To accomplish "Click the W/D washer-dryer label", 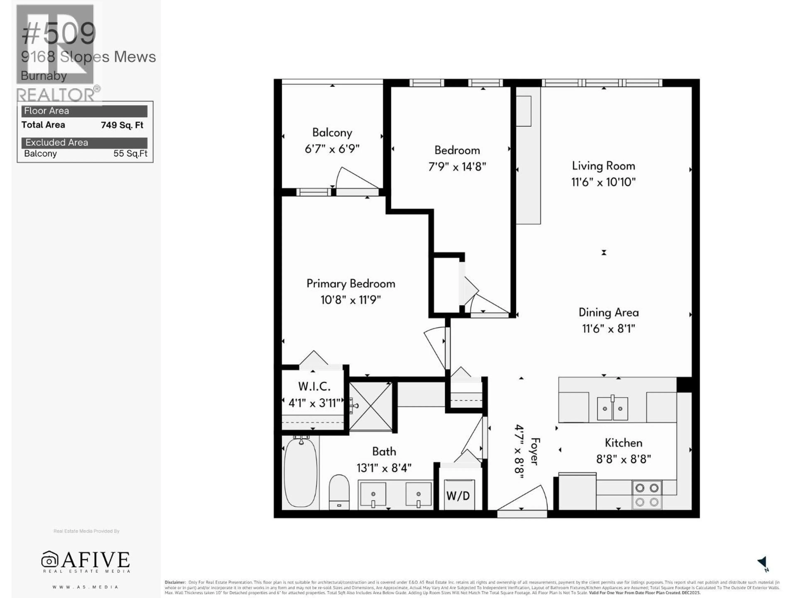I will point(458,496).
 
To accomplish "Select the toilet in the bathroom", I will point(339,492).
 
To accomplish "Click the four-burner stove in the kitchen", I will point(647,495).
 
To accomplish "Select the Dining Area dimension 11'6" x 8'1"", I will point(609,328).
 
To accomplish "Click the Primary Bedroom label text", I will point(351,284).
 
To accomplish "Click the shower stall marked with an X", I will point(371,406).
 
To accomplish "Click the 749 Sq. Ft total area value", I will point(122,125).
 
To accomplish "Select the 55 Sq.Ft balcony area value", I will point(130,154).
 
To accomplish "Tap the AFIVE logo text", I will point(95,560).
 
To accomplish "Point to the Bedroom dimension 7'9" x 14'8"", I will point(457,167).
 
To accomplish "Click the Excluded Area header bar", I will point(84,143).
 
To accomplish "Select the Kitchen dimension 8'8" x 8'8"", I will point(623,459).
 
